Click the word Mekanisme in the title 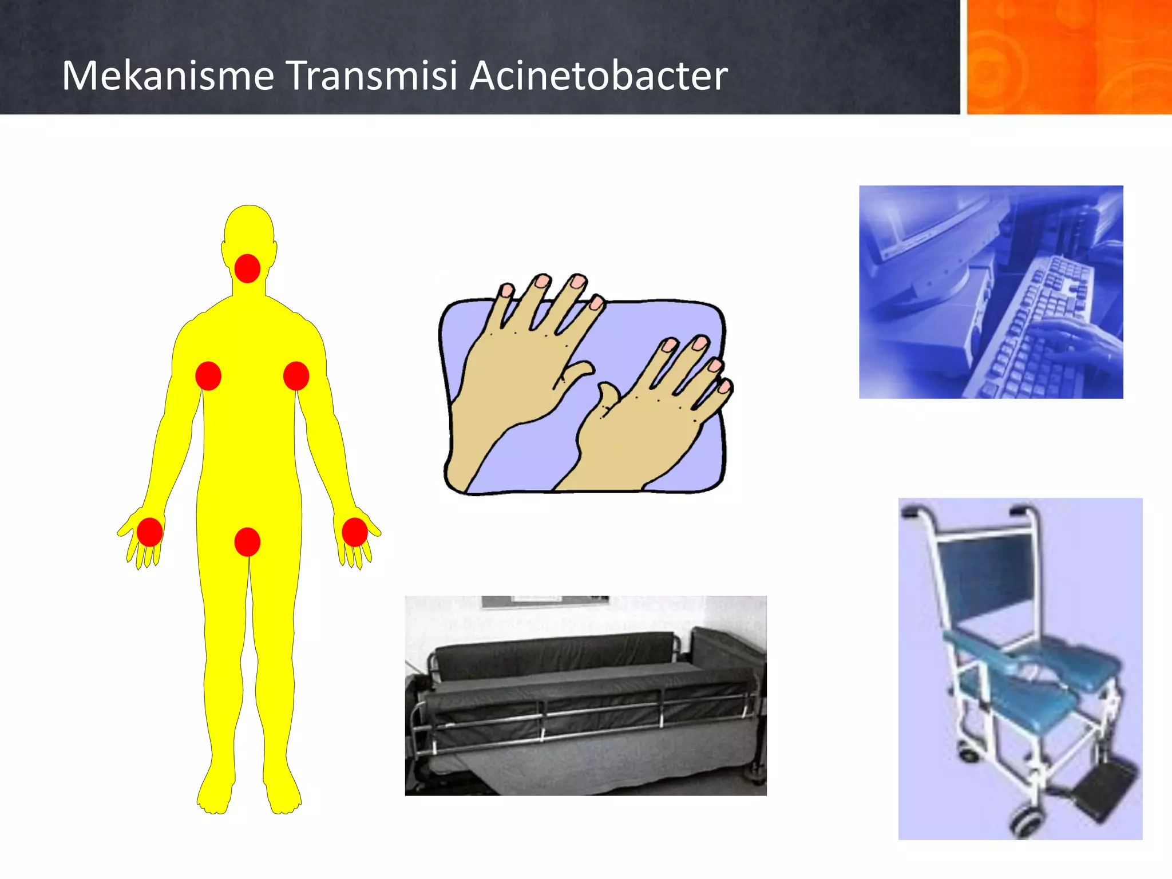point(168,76)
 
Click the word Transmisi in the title point(371,76)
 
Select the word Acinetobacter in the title point(598,76)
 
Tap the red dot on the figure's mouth point(247,268)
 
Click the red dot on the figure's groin point(247,541)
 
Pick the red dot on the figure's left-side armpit point(208,376)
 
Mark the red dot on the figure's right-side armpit point(296,376)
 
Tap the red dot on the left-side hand point(149,532)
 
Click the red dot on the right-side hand point(354,532)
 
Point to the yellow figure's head point(248,229)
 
